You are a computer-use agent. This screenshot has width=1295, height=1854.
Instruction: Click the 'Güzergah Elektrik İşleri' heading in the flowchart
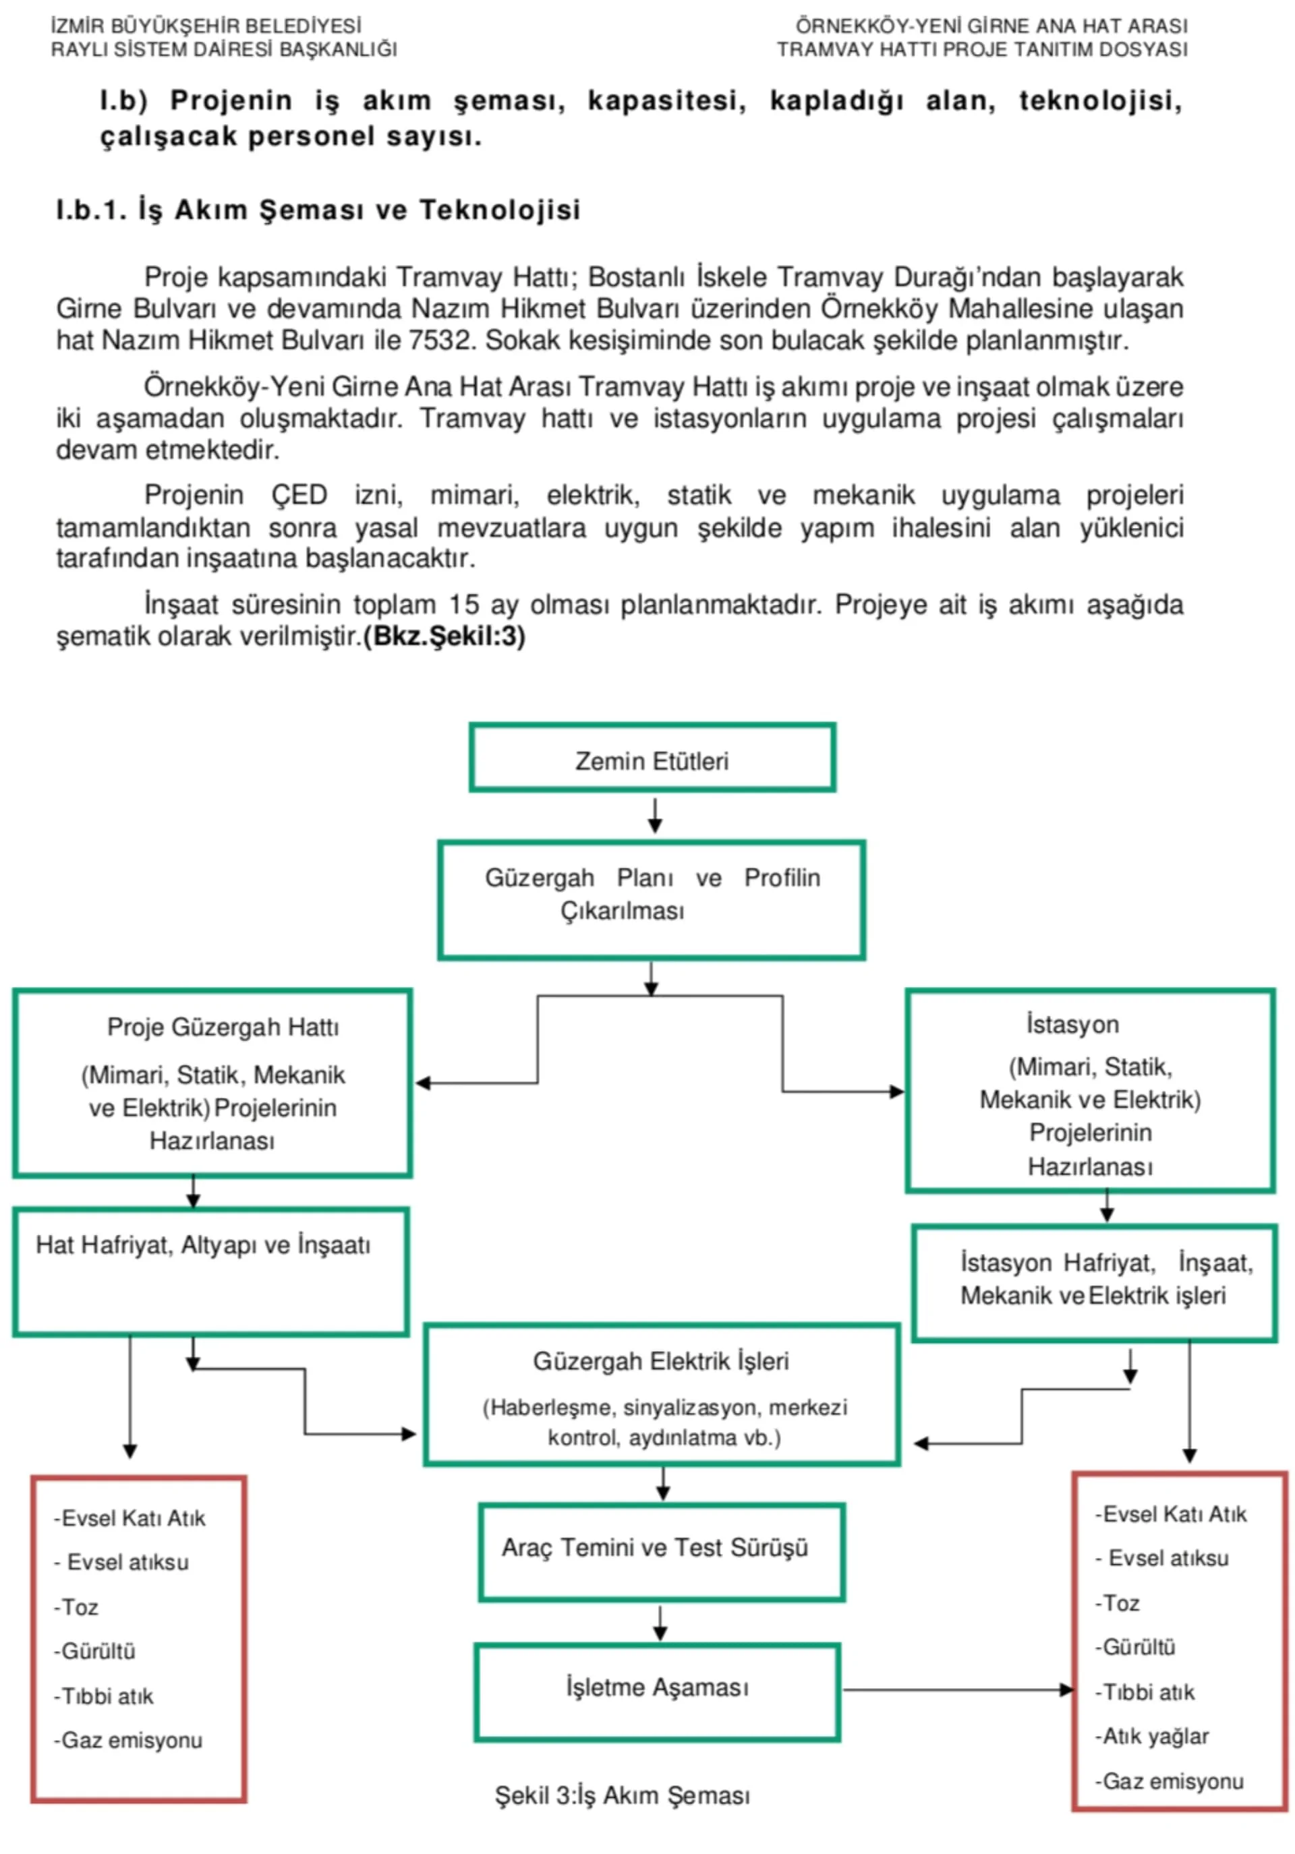(x=660, y=1361)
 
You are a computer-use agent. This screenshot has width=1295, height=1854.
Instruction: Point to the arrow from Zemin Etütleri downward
(x=654, y=815)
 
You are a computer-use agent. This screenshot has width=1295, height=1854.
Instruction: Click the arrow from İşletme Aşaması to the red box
(x=957, y=1689)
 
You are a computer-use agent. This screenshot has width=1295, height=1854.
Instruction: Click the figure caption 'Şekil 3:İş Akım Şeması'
(x=622, y=1795)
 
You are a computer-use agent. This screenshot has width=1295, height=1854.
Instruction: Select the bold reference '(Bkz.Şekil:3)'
(x=445, y=636)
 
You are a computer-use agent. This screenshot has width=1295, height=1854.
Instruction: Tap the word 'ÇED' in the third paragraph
(x=299, y=495)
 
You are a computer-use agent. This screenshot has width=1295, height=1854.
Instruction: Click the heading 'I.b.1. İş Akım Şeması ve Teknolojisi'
(x=318, y=210)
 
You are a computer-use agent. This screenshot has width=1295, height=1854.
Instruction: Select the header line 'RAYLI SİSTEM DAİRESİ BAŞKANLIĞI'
(x=224, y=50)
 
